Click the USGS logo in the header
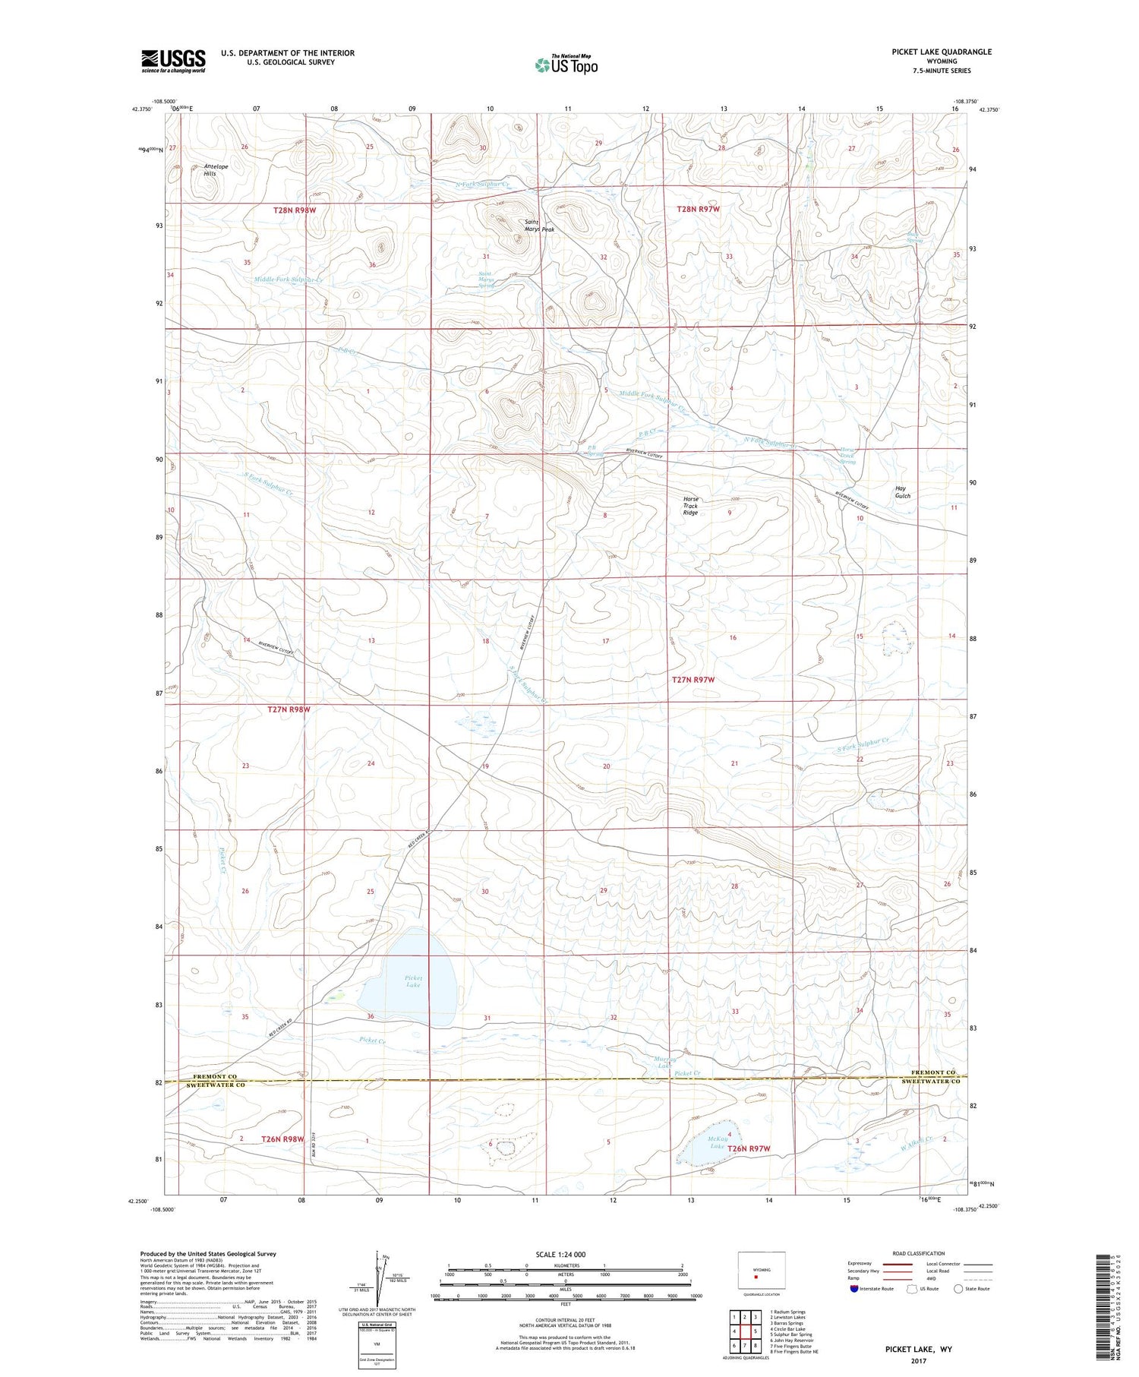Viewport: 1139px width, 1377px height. coord(173,60)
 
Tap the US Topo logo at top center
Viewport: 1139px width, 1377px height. coord(566,65)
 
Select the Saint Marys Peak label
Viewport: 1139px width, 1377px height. coord(540,226)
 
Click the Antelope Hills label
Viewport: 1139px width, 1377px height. coord(210,170)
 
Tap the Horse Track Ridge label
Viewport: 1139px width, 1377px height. coord(690,506)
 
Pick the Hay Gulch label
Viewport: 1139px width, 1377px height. coord(902,492)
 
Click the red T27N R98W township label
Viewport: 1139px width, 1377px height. coord(289,709)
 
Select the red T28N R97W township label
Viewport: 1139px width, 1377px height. coord(698,209)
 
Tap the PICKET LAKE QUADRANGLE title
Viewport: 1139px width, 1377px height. coord(942,52)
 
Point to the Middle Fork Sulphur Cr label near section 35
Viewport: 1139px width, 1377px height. coord(289,280)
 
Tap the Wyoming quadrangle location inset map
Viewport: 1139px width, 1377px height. coord(762,1269)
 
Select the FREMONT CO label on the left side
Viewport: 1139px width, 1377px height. coord(215,1076)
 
